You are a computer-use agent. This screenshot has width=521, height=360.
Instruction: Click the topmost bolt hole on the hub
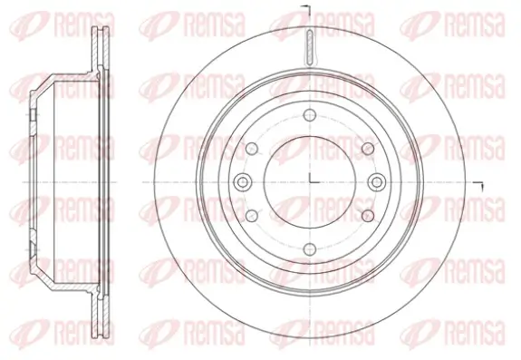point(310,114)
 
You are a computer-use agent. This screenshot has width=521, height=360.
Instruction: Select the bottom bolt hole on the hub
point(310,247)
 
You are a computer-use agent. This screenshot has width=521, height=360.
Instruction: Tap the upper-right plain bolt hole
point(367,148)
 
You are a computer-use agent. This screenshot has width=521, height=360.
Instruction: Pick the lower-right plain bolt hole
point(367,214)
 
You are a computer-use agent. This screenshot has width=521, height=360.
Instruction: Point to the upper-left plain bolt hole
point(253,148)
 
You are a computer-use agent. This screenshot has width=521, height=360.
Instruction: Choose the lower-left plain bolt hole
point(253,214)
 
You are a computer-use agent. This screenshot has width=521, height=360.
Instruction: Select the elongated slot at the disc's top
point(310,45)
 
